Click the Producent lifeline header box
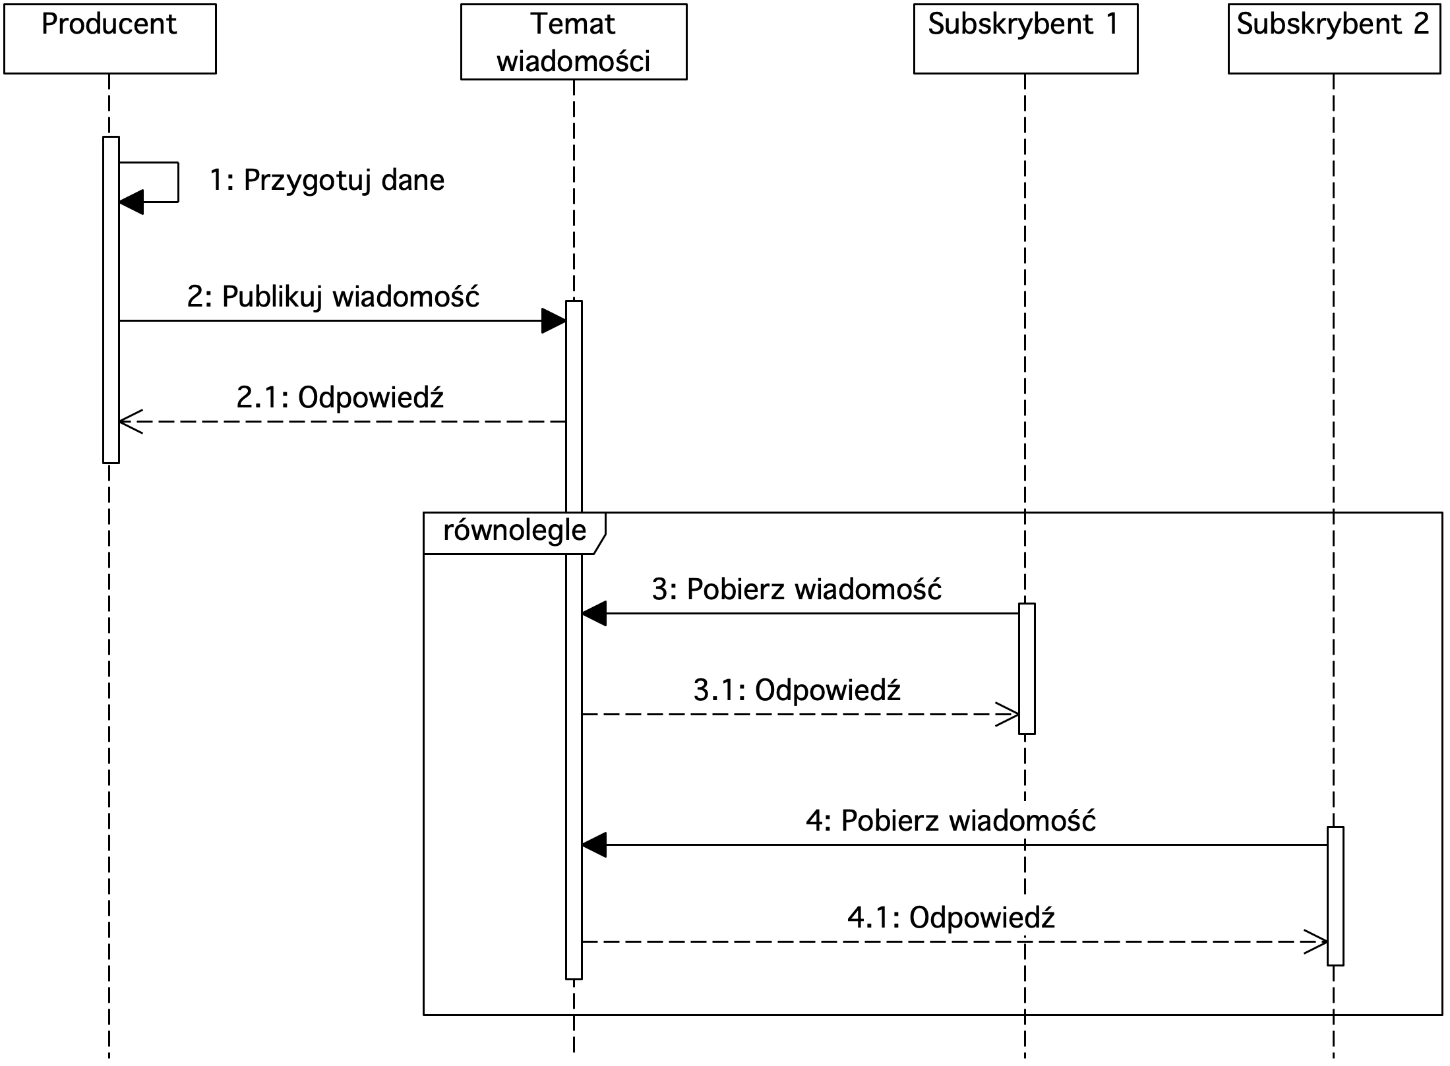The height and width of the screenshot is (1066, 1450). [109, 39]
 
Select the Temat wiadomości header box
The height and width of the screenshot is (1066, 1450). [574, 42]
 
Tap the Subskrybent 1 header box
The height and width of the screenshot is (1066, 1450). [1025, 39]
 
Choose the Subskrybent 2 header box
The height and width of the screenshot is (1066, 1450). [1334, 39]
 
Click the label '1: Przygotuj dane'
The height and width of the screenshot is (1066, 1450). [327, 181]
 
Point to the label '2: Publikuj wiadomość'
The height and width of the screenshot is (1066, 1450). [333, 297]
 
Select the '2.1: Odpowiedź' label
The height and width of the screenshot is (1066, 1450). [340, 398]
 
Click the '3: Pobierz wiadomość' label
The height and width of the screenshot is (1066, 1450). [797, 589]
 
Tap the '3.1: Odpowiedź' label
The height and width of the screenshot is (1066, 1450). [797, 690]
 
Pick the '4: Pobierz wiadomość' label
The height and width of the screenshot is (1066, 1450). [951, 821]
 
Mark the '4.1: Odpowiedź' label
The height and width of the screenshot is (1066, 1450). [951, 918]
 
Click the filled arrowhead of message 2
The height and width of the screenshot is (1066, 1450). [554, 321]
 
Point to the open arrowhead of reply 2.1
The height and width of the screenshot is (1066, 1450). [131, 421]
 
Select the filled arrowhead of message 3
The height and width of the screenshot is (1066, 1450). [594, 614]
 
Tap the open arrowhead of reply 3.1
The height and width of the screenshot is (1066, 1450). [1007, 714]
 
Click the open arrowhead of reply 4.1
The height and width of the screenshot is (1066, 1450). [1315, 941]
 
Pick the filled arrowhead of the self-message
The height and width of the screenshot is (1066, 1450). [131, 202]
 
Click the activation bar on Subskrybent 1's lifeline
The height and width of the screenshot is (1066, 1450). [1027, 668]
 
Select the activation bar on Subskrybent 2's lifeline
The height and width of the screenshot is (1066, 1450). [1335, 896]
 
